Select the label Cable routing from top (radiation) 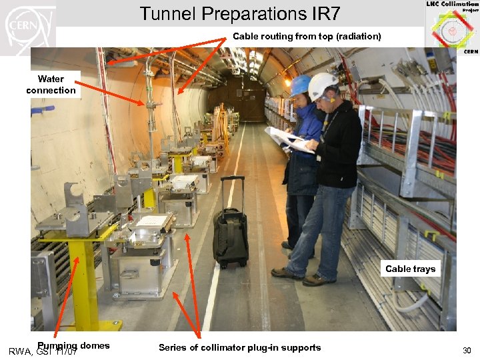[307, 37]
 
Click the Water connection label [51, 85]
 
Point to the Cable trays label [410, 269]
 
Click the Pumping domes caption [73, 345]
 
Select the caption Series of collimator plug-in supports [239, 347]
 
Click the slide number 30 [466, 351]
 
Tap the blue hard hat [301, 85]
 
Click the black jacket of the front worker [340, 147]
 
